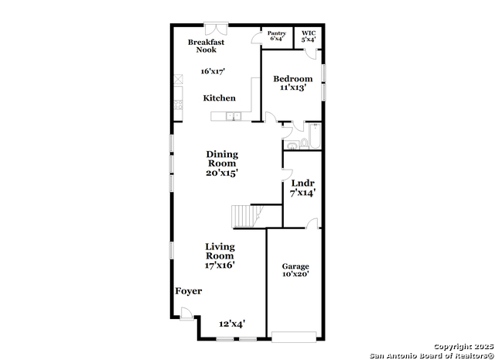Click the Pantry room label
click(277, 33)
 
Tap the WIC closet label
click(309, 33)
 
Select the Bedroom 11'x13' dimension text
click(293, 87)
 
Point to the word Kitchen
click(219, 98)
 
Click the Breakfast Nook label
click(207, 46)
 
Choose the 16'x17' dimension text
click(213, 71)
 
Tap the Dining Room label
click(222, 159)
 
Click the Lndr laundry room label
click(302, 183)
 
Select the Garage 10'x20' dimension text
click(295, 274)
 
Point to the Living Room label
click(220, 251)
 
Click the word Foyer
click(189, 291)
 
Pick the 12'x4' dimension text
click(232, 324)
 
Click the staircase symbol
click(247, 216)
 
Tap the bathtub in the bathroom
click(315, 136)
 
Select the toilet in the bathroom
click(304, 143)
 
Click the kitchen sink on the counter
click(234, 116)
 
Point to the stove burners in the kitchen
click(179, 105)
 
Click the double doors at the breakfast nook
click(217, 29)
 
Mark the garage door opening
click(294, 337)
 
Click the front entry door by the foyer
click(187, 314)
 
